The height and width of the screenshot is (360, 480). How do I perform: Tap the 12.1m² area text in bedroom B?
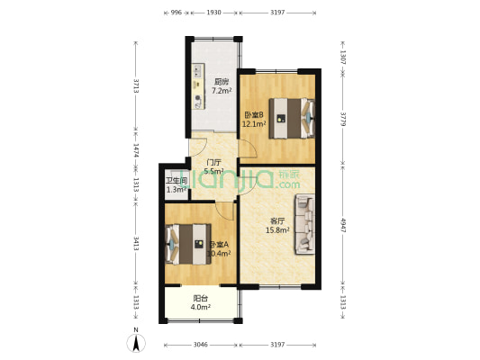253,124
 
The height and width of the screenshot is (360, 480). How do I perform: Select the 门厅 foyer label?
214,163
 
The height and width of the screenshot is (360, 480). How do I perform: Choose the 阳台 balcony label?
201,299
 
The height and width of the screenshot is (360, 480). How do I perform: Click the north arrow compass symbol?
136,341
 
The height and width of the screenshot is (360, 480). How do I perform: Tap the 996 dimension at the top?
176,13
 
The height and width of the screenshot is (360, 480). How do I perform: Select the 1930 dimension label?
213,13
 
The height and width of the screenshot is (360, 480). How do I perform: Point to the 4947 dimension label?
343,224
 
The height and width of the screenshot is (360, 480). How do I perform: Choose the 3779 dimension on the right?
343,120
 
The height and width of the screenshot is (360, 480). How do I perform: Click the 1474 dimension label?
136,152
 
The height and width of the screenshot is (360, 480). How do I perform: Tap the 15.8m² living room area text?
276,231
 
